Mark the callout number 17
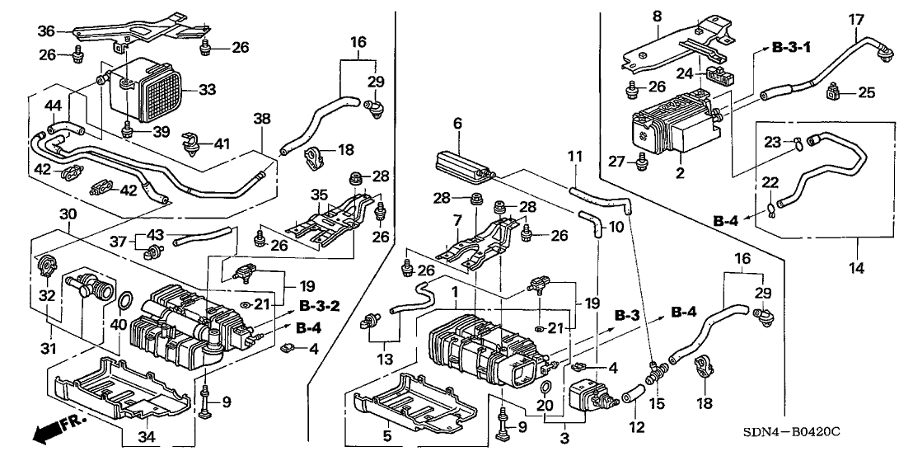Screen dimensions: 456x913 point(856,18)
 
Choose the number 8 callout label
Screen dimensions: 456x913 point(657,16)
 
